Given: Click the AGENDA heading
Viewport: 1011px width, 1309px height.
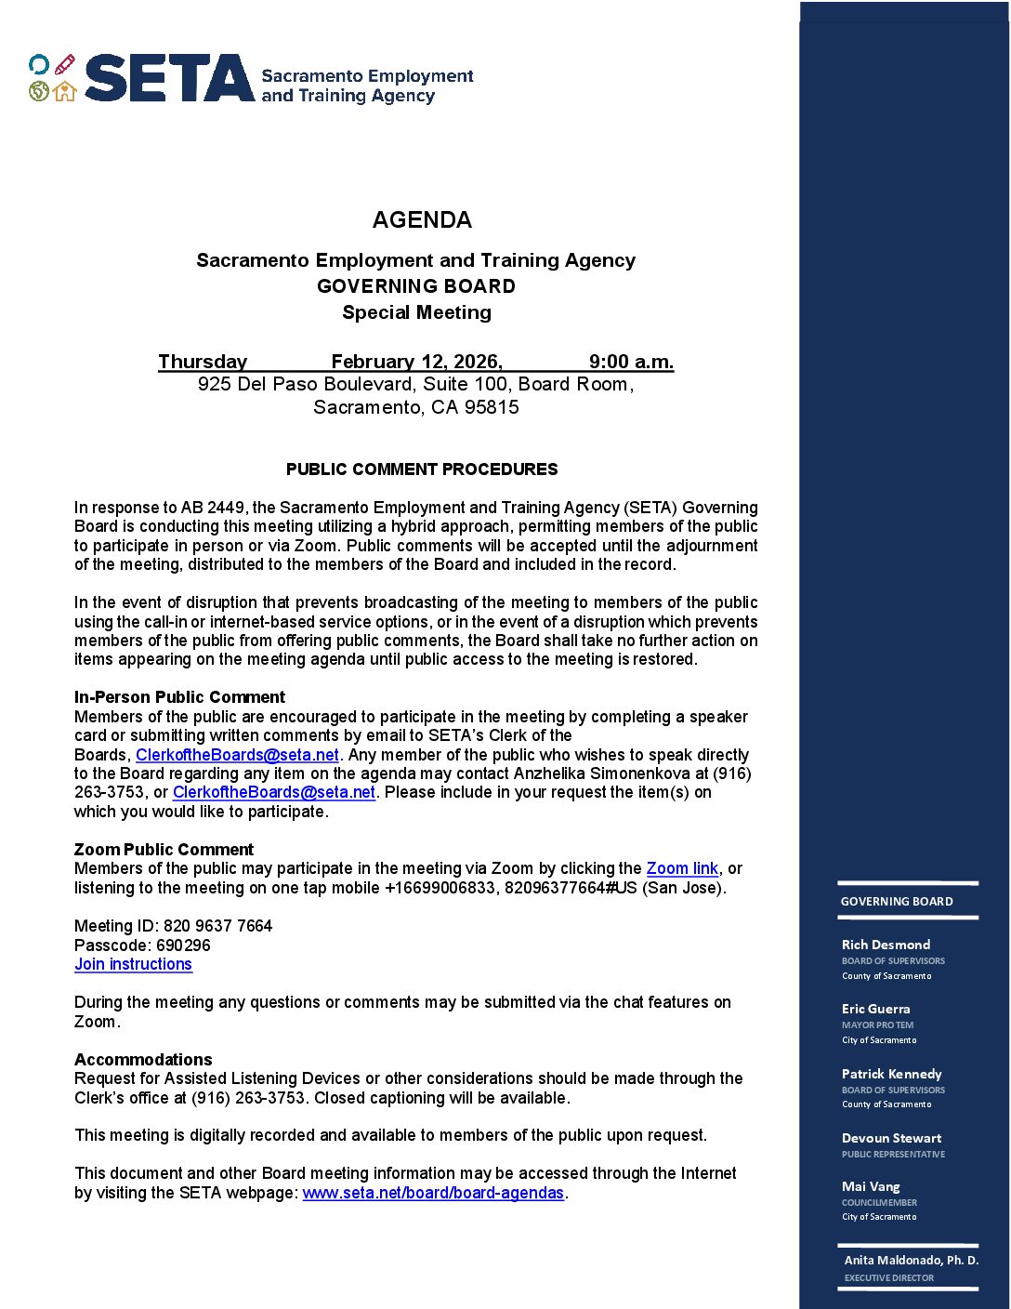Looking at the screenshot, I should point(422,219).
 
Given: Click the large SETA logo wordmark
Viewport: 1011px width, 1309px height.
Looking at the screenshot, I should point(169,78).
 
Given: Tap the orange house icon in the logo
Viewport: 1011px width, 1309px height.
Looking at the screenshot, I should point(64,91).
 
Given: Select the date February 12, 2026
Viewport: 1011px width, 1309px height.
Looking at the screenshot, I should point(416,361).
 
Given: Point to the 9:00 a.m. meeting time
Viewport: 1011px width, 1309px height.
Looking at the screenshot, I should point(631,361).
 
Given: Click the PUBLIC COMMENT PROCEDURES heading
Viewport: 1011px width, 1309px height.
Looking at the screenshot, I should point(422,469).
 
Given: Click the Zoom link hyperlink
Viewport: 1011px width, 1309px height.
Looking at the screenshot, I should point(682,868).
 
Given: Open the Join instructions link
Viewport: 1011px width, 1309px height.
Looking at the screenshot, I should point(133,964).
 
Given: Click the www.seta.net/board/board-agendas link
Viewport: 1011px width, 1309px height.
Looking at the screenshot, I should point(433,1193).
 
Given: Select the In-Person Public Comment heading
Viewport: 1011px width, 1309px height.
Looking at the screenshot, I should point(179,697).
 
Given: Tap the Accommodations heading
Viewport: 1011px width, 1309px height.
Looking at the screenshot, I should point(143,1060).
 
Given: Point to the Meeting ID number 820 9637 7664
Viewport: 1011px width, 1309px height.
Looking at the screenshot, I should point(217,926).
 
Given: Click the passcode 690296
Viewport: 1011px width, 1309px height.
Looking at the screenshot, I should point(183,945).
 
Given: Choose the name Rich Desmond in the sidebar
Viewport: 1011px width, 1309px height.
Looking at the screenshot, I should point(886,945).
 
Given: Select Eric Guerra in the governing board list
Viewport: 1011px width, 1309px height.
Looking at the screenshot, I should point(875,1009).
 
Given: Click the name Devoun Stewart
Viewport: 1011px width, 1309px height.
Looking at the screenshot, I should point(891,1138).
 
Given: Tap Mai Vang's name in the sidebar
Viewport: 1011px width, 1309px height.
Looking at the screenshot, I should point(871,1186).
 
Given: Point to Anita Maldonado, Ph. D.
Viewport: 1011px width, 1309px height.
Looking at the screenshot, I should point(911,1261).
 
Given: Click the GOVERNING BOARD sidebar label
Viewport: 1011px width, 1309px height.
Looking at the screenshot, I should point(897,902).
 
